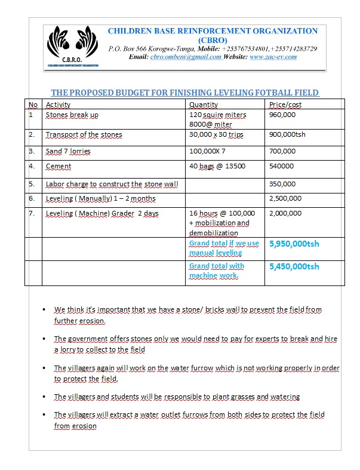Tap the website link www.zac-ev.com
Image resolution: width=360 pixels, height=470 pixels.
point(273,57)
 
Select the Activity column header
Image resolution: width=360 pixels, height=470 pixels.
point(58,105)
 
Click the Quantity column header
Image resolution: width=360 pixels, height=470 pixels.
point(204,105)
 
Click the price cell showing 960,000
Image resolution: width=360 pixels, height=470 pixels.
point(282,115)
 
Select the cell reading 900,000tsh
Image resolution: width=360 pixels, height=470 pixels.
point(287,134)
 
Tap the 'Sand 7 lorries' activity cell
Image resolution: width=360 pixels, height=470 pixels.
point(68,151)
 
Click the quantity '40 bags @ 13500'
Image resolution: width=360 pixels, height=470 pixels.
point(217,166)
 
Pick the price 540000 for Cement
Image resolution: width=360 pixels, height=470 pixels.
point(282,166)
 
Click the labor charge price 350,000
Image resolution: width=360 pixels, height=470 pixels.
point(282,184)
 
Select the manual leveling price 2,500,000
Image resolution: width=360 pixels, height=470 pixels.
point(285,198)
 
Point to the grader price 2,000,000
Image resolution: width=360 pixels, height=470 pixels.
point(285,213)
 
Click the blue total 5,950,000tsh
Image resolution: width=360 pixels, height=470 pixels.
point(294,244)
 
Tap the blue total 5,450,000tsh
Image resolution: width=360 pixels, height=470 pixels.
point(294,266)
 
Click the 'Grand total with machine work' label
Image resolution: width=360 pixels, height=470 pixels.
point(216,271)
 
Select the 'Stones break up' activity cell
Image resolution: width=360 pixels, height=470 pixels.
point(72,115)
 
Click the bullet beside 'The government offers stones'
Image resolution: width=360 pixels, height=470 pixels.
point(45,339)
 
